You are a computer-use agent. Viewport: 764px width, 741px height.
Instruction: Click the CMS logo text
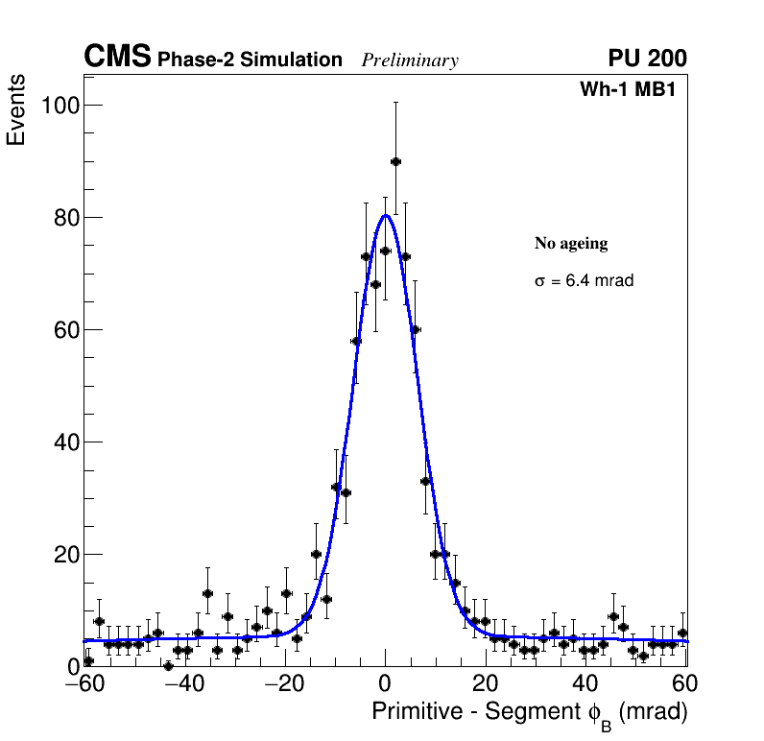117,58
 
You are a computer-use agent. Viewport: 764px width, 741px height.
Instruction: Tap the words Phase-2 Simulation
250,60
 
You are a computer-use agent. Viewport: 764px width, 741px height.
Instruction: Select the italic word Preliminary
410,61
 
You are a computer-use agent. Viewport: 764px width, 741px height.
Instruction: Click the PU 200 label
647,59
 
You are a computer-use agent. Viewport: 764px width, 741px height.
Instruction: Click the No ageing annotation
571,244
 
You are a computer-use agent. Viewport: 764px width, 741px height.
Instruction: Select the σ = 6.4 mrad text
584,281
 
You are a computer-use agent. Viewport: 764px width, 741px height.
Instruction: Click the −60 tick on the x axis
84,683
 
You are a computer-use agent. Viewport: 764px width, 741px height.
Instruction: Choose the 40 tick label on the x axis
585,683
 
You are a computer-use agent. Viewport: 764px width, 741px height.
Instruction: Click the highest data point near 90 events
395,161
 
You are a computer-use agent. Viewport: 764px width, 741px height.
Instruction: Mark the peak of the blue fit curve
385,215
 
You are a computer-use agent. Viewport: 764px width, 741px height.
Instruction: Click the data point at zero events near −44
168,665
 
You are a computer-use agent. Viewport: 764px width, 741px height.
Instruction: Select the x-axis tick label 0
385,683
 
